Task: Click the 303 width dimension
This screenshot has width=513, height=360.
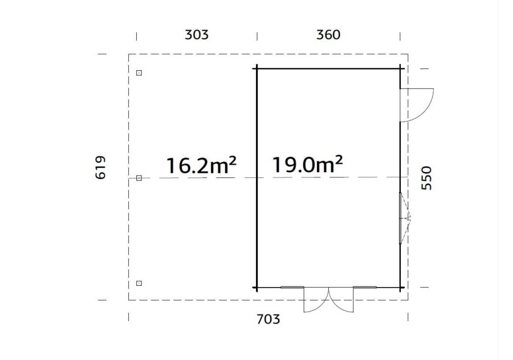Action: click(197, 35)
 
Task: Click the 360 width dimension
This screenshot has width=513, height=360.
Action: click(328, 35)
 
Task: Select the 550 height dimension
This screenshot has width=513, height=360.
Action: click(427, 178)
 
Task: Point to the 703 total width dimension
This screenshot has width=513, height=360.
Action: click(268, 319)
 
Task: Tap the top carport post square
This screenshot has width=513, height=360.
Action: click(139, 73)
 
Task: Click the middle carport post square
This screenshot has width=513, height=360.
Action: click(139, 178)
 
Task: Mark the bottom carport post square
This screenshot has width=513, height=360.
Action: click(139, 283)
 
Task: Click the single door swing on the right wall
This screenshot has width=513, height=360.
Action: click(417, 105)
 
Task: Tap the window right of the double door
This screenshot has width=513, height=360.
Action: click(365, 288)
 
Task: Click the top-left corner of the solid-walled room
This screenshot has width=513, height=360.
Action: click(256, 67)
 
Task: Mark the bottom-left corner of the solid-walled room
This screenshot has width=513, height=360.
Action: click(256, 288)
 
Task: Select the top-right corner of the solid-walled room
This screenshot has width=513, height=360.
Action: click(400, 67)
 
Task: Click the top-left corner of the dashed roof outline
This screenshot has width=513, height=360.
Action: click(129, 54)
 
